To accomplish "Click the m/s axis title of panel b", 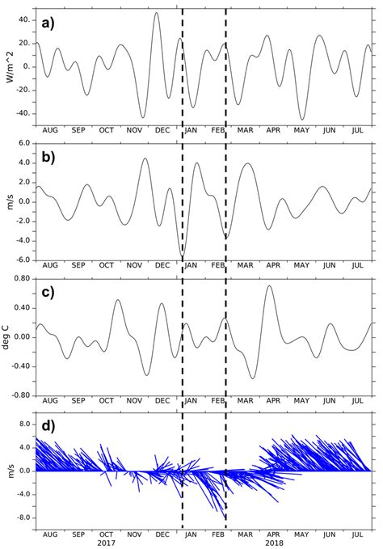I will coord(7,201).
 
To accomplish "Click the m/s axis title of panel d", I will coord(7,471).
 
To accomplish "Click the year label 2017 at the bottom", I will coord(106,543).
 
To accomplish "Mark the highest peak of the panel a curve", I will coord(157,13).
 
